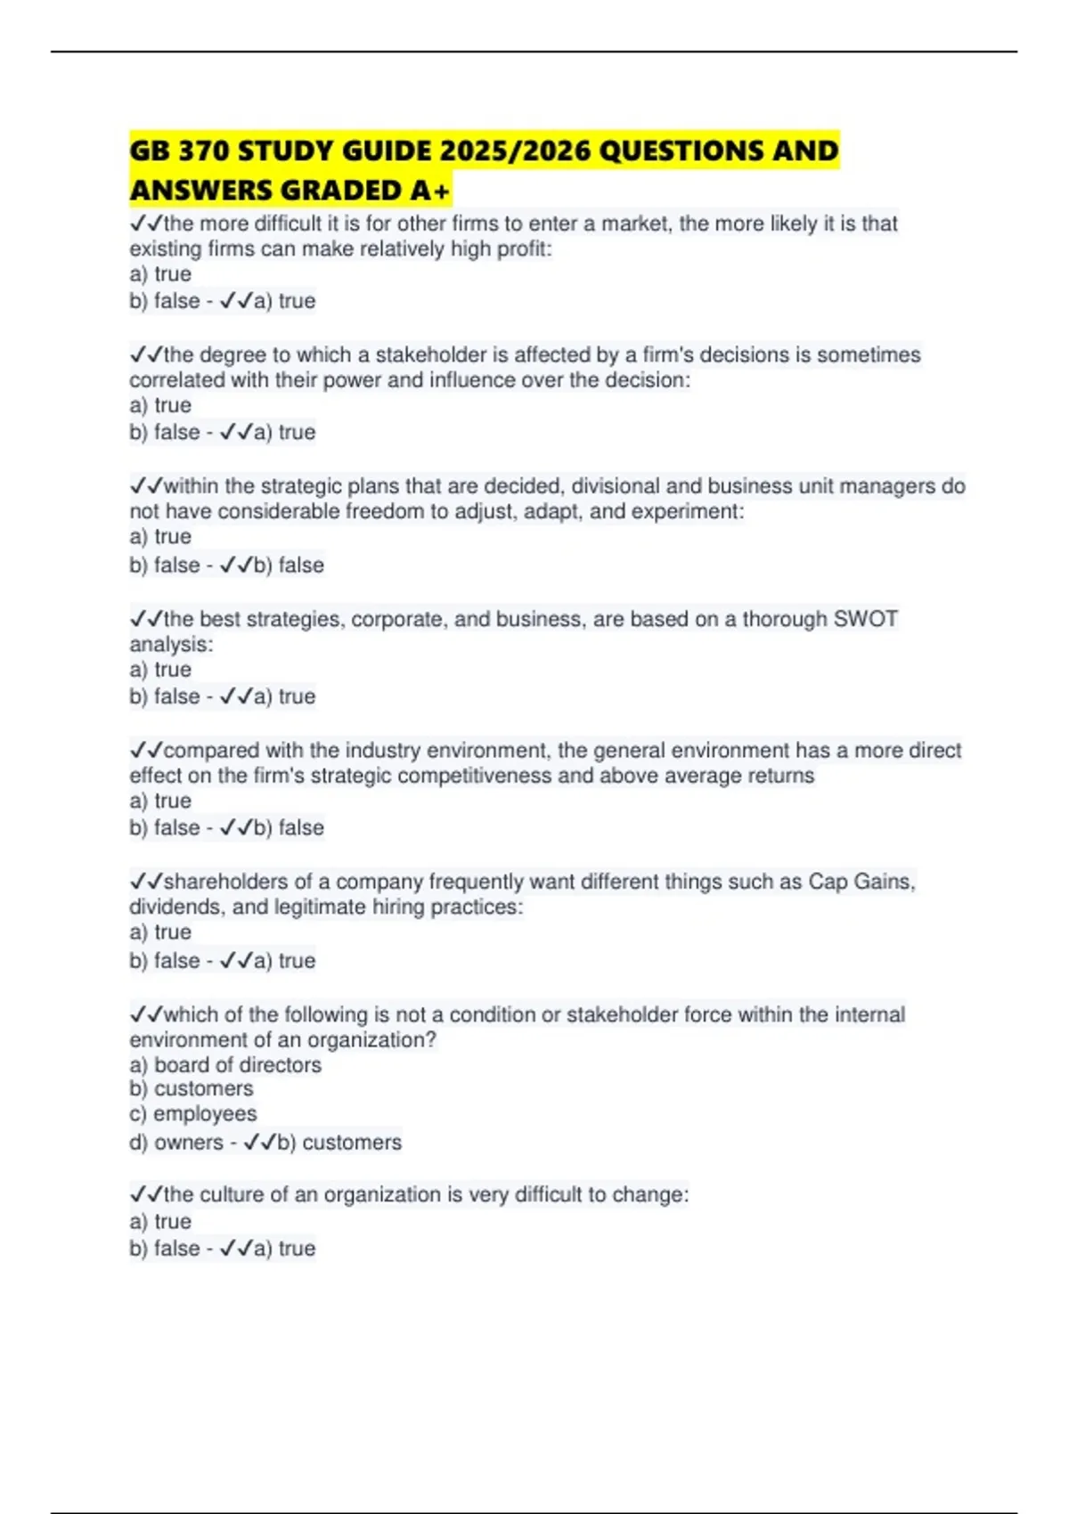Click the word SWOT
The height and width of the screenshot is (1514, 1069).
coord(865,619)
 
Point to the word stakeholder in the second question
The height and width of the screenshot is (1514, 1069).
coord(429,354)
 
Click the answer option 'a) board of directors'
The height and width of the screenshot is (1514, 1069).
coord(225,1064)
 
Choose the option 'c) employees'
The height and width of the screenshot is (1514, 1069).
coord(193,1113)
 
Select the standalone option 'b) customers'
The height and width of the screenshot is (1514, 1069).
coord(192,1088)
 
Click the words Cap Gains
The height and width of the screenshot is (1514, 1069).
coord(861,882)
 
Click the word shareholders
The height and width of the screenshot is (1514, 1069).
coord(226,882)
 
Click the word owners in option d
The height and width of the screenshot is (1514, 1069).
coord(189,1142)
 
